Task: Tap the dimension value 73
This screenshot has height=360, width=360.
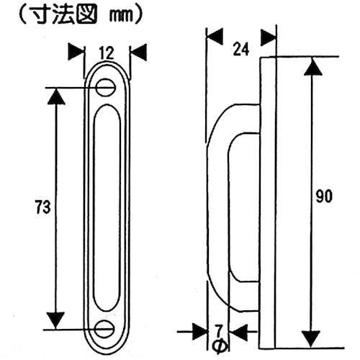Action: click(42, 207)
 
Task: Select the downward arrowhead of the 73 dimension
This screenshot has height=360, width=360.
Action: click(55, 319)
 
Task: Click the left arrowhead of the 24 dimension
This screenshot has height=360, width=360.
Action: click(215, 35)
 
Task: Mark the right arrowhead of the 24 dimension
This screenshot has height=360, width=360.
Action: click(268, 35)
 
